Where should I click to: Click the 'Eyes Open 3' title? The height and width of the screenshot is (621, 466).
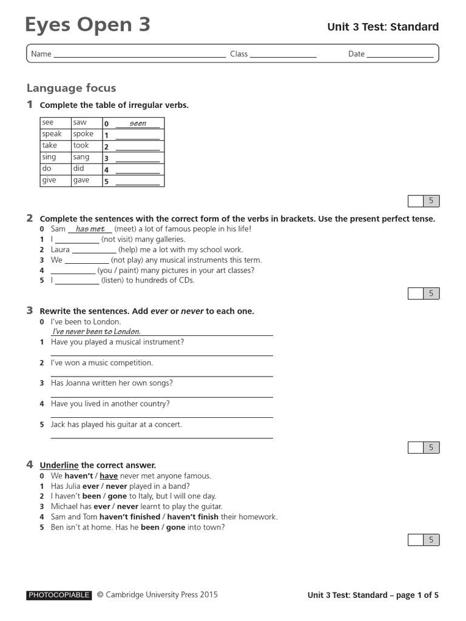(x=88, y=25)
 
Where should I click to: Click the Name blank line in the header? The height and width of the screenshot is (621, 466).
(x=140, y=55)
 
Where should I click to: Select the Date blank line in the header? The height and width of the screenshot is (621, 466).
(x=400, y=55)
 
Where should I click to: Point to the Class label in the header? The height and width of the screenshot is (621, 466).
(x=238, y=54)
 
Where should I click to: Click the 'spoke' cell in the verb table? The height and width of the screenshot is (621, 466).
(x=84, y=134)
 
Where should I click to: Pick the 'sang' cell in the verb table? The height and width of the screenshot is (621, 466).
(x=81, y=157)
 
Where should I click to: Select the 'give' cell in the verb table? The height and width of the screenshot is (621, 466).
(x=49, y=180)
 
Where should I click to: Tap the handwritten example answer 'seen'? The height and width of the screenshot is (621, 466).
(x=138, y=123)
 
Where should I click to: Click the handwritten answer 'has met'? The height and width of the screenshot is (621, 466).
(x=90, y=229)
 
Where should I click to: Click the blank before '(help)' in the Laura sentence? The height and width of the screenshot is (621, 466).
(x=94, y=250)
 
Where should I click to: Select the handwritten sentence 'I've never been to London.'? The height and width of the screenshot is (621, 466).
(x=96, y=332)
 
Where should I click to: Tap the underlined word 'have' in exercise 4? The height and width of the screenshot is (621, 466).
(x=109, y=476)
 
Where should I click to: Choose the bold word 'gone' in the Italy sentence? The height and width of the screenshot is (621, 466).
(x=117, y=496)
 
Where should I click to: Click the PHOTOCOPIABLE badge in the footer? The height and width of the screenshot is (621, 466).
(x=59, y=596)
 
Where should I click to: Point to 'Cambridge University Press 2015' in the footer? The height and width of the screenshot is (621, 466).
(x=161, y=595)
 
